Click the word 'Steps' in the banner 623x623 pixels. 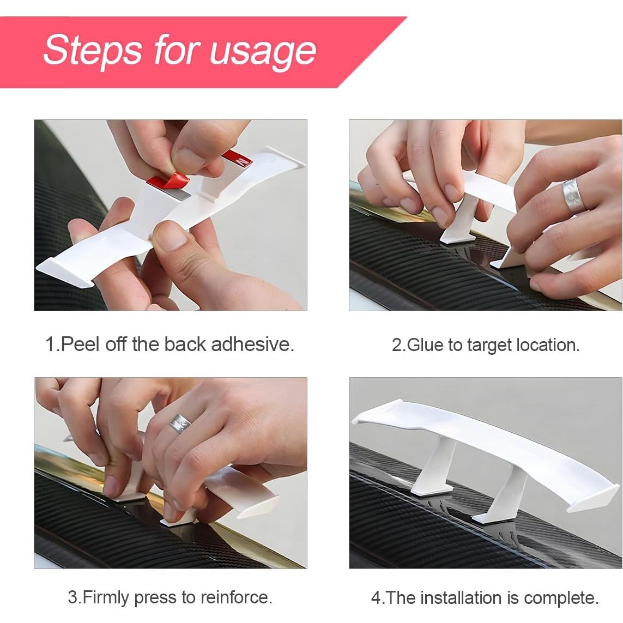92,49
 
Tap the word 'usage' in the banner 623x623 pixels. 263,52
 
